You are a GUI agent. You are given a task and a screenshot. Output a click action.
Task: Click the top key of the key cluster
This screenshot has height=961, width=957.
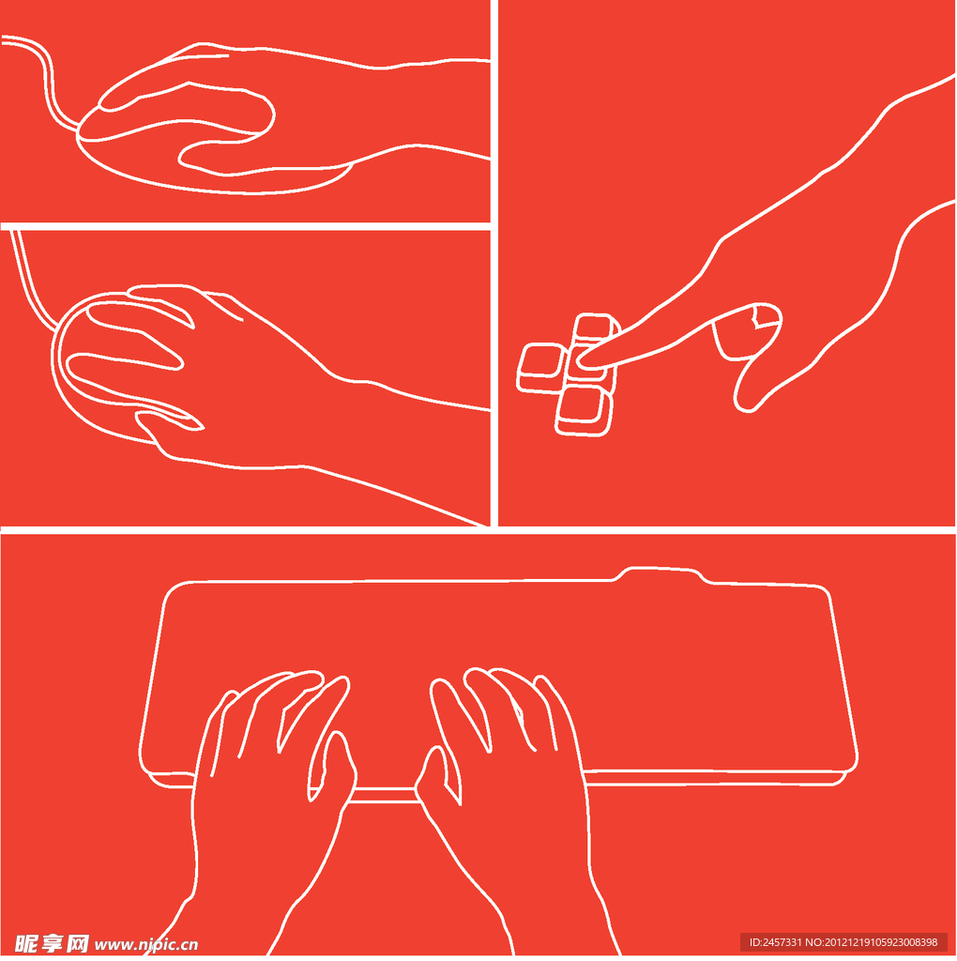(594, 327)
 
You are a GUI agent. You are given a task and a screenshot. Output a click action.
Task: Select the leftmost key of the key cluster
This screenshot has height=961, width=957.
(540, 368)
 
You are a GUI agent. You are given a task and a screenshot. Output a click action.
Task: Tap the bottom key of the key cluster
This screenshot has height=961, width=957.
(583, 411)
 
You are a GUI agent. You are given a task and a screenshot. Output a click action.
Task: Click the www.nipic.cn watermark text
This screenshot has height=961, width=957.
(145, 944)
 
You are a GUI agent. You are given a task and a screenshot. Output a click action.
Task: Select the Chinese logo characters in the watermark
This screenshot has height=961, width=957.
(52, 944)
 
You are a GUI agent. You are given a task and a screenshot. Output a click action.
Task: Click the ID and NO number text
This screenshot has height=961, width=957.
(843, 942)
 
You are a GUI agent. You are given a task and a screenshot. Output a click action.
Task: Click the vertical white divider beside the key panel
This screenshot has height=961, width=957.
(494, 264)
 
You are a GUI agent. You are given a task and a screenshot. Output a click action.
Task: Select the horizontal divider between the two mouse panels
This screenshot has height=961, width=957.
(245, 227)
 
